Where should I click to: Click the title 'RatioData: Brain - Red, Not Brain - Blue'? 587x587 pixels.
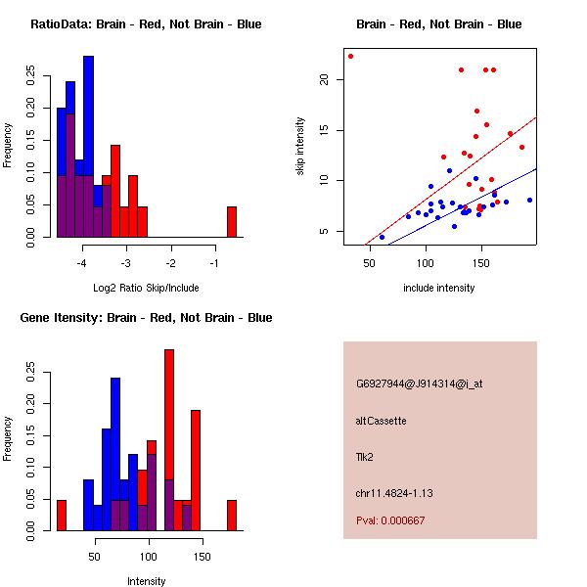(146, 24)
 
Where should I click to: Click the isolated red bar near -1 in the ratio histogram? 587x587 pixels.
(232, 222)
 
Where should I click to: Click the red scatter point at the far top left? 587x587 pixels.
(350, 56)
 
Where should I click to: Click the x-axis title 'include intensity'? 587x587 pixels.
(439, 289)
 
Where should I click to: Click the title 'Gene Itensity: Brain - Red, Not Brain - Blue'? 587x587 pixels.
(146, 318)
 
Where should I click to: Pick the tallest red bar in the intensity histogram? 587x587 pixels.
(169, 440)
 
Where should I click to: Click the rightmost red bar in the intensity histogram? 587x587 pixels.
(232, 516)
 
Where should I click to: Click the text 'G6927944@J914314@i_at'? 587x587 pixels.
(420, 384)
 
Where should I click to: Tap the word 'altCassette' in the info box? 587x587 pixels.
(381, 420)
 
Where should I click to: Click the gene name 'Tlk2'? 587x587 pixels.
(364, 456)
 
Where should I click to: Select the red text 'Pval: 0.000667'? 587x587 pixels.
(390, 520)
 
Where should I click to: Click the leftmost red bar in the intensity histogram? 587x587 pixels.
(61, 516)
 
